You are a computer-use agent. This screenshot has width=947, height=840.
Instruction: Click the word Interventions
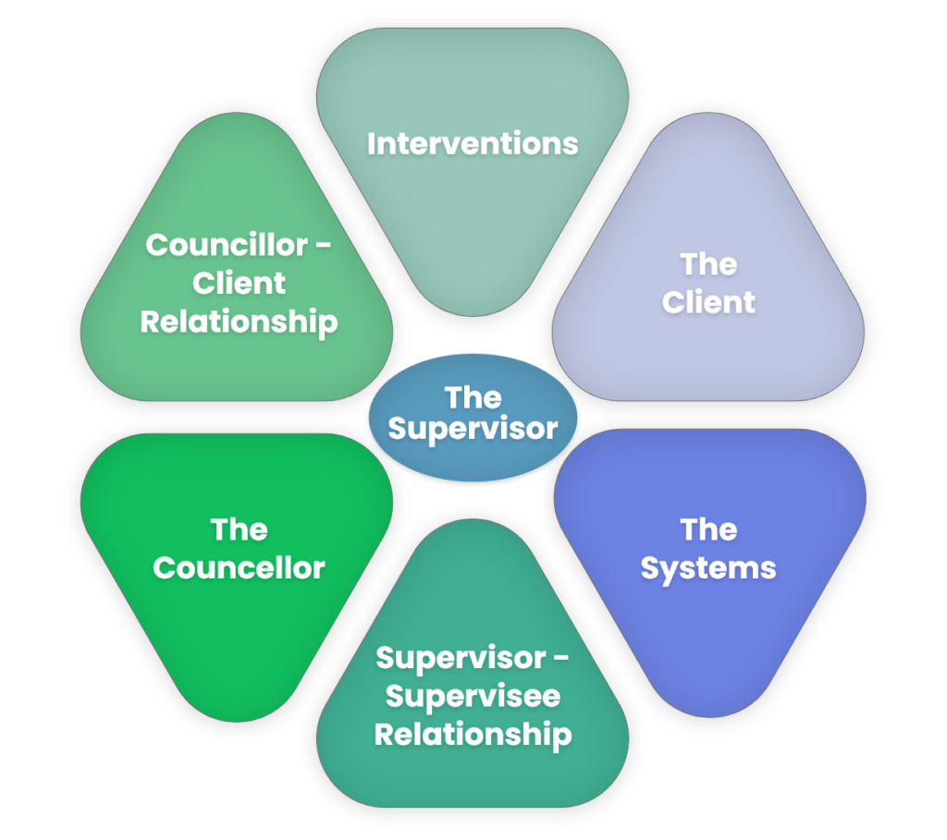(x=473, y=144)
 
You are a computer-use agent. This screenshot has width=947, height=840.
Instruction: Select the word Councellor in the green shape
(x=239, y=567)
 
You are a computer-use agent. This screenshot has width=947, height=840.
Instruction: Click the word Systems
(x=708, y=568)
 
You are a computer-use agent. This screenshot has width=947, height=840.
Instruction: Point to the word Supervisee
(x=473, y=696)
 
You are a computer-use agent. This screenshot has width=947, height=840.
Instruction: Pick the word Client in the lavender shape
(x=708, y=302)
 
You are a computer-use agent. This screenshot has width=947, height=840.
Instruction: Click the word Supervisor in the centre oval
(x=473, y=429)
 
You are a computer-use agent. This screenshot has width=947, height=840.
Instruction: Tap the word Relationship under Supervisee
(x=473, y=735)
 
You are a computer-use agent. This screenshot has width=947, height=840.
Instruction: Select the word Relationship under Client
(x=239, y=323)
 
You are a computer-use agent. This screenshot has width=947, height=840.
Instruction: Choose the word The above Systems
(x=708, y=530)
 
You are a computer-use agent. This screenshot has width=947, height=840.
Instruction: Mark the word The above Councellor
(x=239, y=530)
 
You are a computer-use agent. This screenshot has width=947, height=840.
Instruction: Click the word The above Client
(x=708, y=264)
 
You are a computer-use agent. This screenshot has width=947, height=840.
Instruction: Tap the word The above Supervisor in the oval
(x=473, y=397)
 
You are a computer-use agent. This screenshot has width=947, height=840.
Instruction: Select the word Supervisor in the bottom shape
(x=460, y=658)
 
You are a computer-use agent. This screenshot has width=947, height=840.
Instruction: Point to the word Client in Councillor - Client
(x=239, y=284)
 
